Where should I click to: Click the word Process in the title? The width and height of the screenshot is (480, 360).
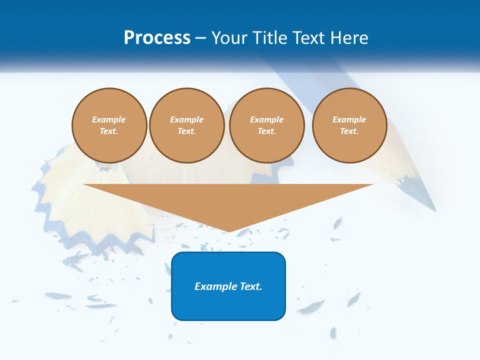click(157, 37)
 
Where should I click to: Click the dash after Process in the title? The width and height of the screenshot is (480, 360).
click(200, 38)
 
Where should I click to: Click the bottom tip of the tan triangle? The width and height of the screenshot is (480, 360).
click(228, 230)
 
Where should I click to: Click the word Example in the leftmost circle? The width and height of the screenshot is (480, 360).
click(109, 119)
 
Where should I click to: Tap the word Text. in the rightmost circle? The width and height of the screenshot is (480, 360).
click(349, 131)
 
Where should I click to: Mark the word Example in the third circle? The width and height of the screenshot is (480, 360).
click(267, 119)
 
